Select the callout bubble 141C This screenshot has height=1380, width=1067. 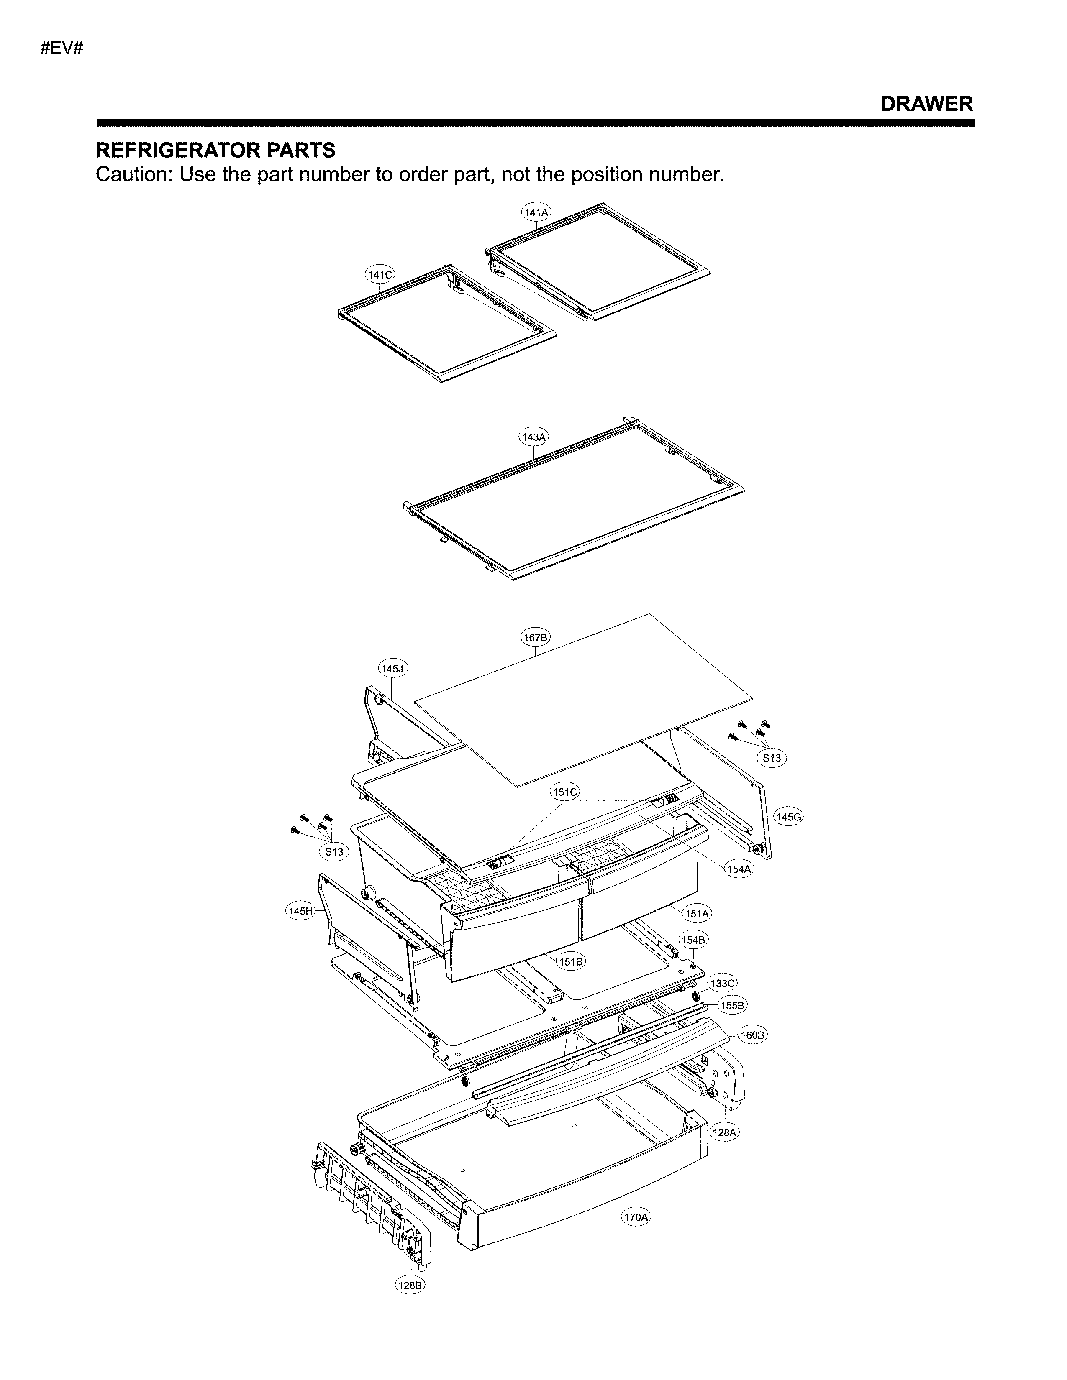380,275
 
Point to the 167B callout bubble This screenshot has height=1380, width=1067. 536,638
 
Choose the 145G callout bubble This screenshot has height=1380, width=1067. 789,817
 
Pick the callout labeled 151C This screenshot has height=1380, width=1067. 564,792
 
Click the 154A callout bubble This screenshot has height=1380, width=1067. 738,869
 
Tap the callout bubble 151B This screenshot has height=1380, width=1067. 571,962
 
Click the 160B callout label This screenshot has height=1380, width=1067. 752,1036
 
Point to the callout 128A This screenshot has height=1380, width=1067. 724,1133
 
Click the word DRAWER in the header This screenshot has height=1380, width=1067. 927,104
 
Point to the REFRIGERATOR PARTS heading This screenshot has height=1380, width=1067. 215,151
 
